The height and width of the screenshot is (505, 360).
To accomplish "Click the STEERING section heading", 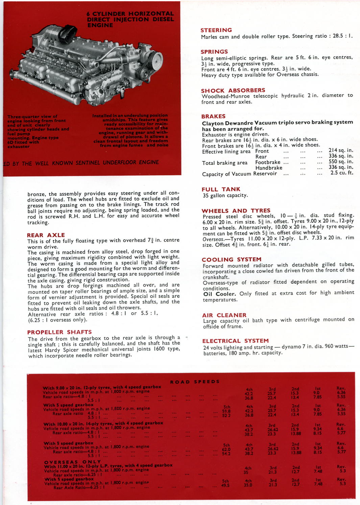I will pyautogui.click(x=216, y=30).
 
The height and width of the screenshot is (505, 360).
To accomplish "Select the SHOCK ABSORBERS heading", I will pyautogui.click(x=233, y=90).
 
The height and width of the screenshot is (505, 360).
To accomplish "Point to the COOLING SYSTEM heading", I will pyautogui.click(x=232, y=259).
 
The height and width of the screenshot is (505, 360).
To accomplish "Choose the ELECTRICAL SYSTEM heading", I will pyautogui.click(x=236, y=341).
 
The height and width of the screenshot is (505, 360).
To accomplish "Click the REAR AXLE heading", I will pyautogui.click(x=46, y=235).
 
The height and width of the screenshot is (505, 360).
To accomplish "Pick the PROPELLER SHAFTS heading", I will pyautogui.click(x=59, y=332).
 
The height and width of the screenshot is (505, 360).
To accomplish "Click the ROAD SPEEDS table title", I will pyautogui.click(x=195, y=382).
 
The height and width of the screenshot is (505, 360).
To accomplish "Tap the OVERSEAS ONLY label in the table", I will pyautogui.click(x=72, y=462).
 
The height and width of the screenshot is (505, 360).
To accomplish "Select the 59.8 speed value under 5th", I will pyautogui.click(x=226, y=411).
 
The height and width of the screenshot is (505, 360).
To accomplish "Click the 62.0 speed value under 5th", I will pyautogui.click(x=226, y=449).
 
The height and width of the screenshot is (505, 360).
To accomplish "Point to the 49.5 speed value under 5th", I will pyautogui.click(x=225, y=485).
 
